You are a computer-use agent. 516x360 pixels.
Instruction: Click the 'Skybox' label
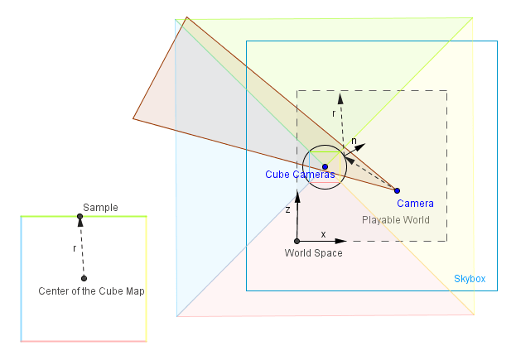pyautogui.click(x=470, y=280)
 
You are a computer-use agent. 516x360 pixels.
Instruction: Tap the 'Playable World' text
pyautogui.click(x=396, y=220)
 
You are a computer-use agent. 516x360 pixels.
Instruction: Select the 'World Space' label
pyautogui.click(x=313, y=253)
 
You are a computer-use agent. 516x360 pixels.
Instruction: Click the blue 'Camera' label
pyautogui.click(x=415, y=204)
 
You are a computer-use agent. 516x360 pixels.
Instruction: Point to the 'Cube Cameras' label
pyautogui.click(x=300, y=175)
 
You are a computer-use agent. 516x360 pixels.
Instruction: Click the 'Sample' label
pyautogui.click(x=100, y=208)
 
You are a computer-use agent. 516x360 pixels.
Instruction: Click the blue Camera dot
pyautogui.click(x=397, y=190)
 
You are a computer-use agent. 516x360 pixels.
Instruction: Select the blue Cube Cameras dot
pyautogui.click(x=325, y=167)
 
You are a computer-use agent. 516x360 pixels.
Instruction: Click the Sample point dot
pyautogui.click(x=80, y=217)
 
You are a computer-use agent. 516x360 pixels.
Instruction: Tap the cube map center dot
pyautogui.click(x=84, y=278)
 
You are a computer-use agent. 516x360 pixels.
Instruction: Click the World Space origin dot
pyautogui.click(x=297, y=242)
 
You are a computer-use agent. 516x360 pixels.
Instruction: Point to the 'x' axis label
pyautogui.click(x=323, y=234)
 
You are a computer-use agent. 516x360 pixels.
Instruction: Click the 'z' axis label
pyautogui.click(x=288, y=210)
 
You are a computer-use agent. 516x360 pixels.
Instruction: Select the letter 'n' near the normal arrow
pyautogui.click(x=354, y=142)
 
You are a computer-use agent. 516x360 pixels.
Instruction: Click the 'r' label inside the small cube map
pyautogui.click(x=74, y=247)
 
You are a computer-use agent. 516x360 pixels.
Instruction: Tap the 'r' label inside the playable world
pyautogui.click(x=334, y=113)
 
